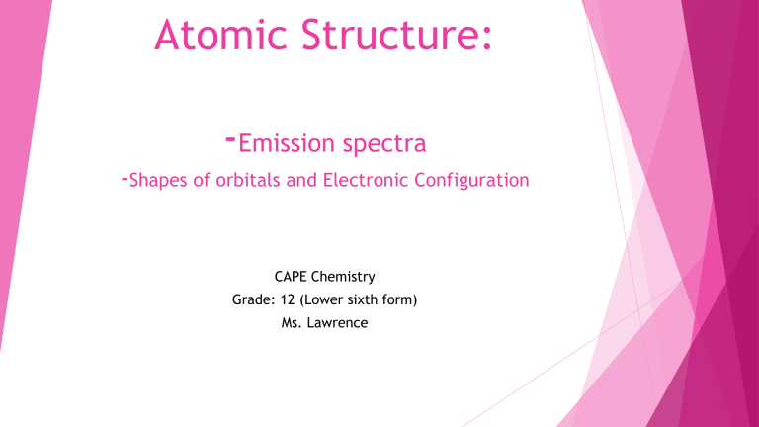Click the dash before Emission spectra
[x=229, y=139]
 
